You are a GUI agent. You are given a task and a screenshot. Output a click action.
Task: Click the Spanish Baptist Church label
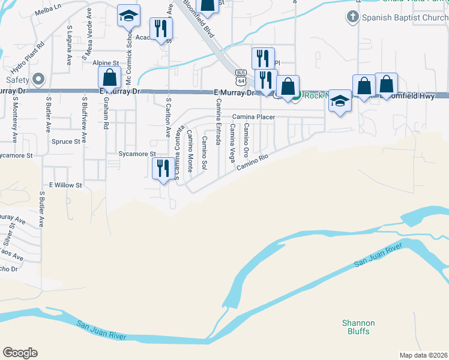coord(405,17)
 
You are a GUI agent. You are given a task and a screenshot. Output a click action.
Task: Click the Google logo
coord(20,353)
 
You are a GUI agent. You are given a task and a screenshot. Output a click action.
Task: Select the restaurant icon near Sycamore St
coord(163,169)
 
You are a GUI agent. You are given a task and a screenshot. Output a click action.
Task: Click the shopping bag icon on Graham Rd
coord(109,77)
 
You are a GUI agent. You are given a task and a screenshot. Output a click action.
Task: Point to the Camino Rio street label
coord(251,162)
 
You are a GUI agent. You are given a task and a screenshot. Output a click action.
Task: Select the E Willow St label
coord(65,185)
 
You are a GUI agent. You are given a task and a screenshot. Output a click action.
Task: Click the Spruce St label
coord(66,142)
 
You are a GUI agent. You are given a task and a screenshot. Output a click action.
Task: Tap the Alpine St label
coord(106,62)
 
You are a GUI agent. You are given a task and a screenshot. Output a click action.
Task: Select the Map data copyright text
coord(424,355)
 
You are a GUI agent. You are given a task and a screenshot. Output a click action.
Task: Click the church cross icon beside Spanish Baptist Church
coord(354,17)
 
